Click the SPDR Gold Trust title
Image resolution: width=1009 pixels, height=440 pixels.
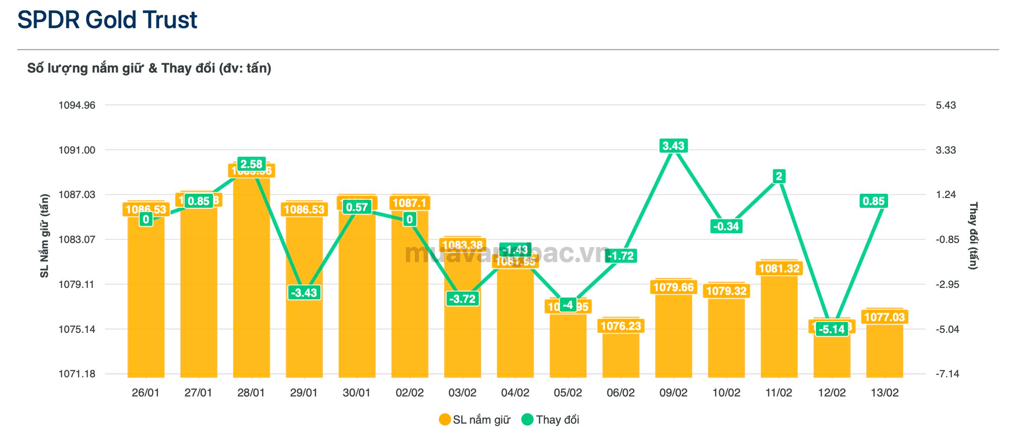(x=107, y=20)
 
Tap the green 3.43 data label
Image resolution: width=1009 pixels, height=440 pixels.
(x=673, y=146)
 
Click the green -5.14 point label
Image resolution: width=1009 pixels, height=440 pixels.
(x=832, y=329)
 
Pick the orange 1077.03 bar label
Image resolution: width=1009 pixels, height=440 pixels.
(x=884, y=317)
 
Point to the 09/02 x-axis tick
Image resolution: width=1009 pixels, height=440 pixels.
(x=673, y=393)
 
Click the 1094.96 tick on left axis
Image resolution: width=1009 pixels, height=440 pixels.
(x=77, y=106)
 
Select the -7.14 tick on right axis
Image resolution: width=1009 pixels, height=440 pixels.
(x=947, y=374)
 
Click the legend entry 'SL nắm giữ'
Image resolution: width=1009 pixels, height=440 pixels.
(x=475, y=420)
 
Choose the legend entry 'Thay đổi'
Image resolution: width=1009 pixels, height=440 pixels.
(x=551, y=420)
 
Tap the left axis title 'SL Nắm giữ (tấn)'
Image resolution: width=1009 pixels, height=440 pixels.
(x=45, y=236)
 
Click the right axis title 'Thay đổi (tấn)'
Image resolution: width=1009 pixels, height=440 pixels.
(x=973, y=236)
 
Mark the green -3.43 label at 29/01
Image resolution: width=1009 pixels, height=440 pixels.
(x=304, y=292)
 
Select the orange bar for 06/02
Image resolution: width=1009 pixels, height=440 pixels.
(x=621, y=354)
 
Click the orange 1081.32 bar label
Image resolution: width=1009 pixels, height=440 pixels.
(x=779, y=269)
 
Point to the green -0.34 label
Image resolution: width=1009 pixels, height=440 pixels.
(x=726, y=226)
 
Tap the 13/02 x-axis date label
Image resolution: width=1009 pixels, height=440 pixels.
(x=884, y=393)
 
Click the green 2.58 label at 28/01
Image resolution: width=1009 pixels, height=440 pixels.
(x=251, y=164)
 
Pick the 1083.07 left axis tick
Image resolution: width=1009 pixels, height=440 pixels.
(x=77, y=239)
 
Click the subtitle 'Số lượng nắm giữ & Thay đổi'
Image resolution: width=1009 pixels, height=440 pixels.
(x=149, y=68)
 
